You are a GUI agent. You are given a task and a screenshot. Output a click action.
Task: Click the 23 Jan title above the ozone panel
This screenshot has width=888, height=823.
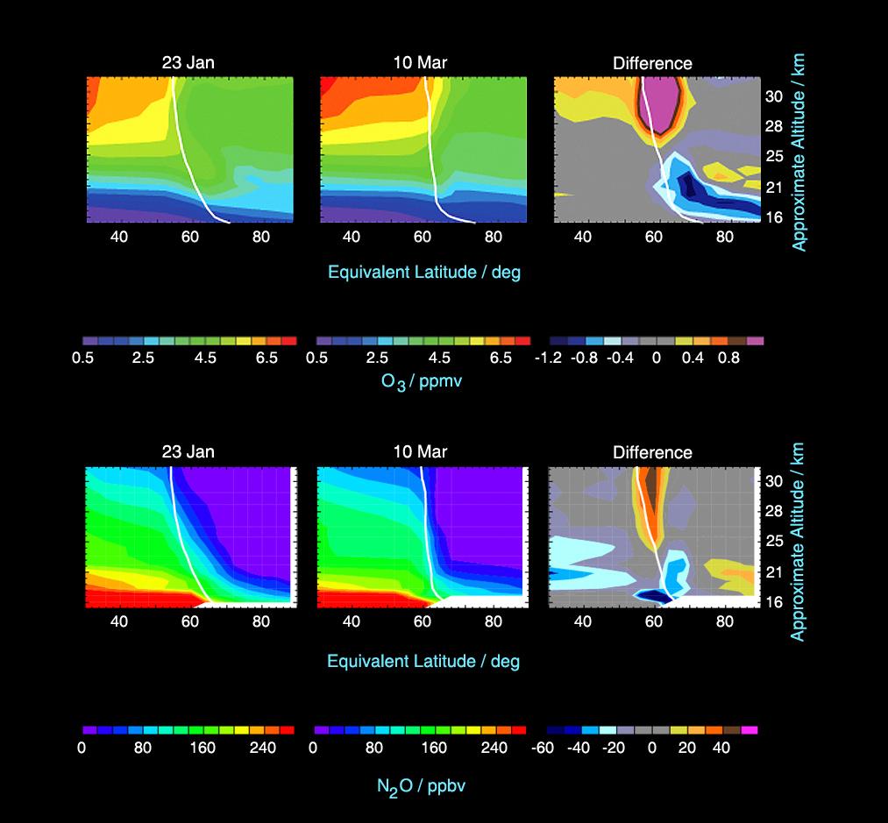(x=188, y=63)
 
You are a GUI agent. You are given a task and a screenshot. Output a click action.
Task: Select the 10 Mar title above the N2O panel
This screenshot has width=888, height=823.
(x=421, y=452)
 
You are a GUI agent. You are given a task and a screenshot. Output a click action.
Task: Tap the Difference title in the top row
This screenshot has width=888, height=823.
(x=652, y=63)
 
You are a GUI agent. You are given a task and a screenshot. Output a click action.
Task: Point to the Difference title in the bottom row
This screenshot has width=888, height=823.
(x=652, y=452)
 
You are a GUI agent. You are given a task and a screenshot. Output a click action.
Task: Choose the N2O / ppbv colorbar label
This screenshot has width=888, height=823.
(x=421, y=784)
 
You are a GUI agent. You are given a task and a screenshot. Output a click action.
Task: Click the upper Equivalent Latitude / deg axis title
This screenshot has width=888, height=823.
(x=424, y=272)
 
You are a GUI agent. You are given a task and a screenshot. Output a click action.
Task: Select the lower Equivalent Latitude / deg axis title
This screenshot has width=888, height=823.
(x=423, y=661)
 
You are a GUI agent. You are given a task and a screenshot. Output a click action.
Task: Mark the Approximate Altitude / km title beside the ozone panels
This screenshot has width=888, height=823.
(x=799, y=152)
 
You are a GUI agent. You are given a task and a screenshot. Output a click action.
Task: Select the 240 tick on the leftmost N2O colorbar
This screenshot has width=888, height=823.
(x=263, y=748)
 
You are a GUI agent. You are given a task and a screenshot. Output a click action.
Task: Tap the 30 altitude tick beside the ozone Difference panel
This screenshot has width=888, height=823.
(x=774, y=96)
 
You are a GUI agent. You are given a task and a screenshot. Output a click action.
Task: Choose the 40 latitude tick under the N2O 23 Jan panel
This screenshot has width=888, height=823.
(x=119, y=621)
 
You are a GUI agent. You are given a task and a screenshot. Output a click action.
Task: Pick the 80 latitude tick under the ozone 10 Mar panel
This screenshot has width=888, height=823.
(x=493, y=236)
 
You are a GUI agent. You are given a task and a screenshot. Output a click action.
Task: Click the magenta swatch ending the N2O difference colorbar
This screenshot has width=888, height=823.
(x=749, y=729)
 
